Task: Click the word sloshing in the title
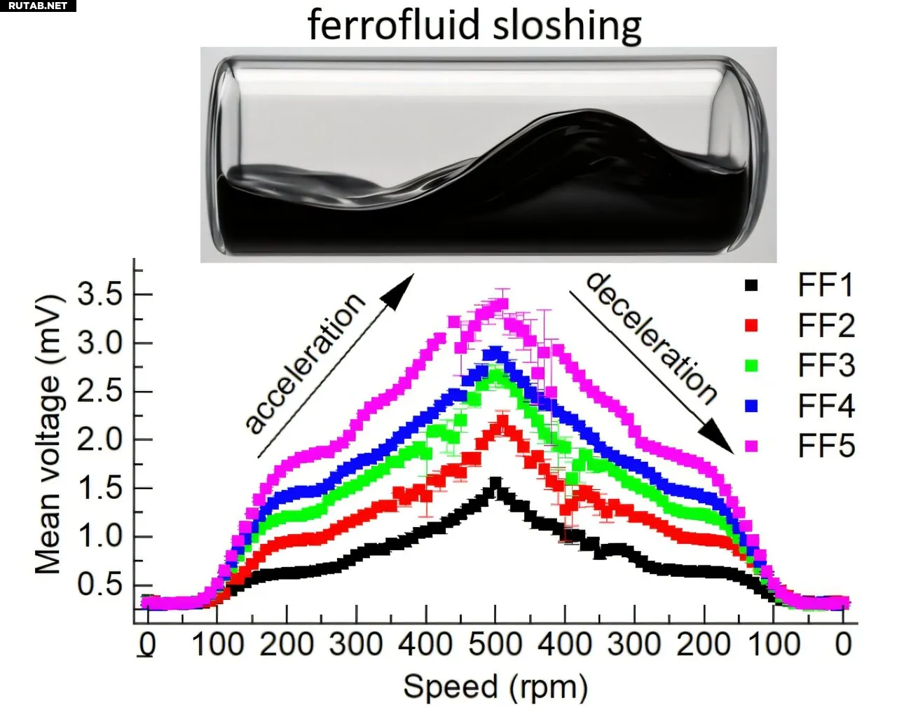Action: (x=567, y=26)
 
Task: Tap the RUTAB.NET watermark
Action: (x=38, y=6)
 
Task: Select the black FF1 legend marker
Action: (x=751, y=285)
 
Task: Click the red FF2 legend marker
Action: (x=751, y=325)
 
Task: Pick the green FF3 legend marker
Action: (x=751, y=365)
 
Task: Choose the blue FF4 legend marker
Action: (x=751, y=406)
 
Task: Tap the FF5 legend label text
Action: (x=826, y=446)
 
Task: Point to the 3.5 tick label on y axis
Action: (x=100, y=295)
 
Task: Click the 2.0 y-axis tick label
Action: (x=100, y=440)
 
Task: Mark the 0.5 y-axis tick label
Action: (x=100, y=585)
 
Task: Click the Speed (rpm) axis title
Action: (x=495, y=688)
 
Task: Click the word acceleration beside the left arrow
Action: (x=306, y=363)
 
